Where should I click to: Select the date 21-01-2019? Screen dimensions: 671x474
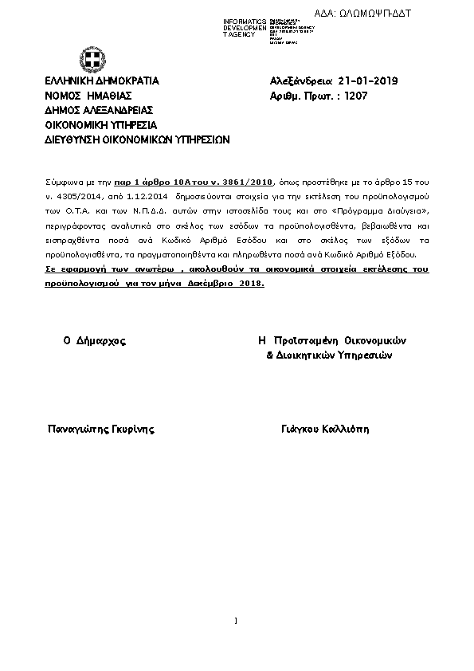[368, 81]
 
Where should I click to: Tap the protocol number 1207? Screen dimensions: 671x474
[356, 96]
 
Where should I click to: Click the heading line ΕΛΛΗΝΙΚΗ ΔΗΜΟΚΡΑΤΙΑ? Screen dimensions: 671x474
[102, 81]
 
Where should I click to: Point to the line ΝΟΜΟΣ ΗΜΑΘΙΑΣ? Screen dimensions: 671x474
[88, 96]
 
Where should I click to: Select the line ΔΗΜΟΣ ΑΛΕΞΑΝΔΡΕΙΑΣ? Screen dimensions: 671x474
[99, 110]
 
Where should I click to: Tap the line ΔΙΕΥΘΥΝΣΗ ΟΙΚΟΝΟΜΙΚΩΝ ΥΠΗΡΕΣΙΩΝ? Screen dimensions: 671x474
[137, 139]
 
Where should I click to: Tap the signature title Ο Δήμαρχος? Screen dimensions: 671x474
[94, 340]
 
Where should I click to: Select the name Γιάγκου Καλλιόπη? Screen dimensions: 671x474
[325, 430]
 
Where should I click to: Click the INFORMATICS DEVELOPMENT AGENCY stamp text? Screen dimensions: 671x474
[245, 28]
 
